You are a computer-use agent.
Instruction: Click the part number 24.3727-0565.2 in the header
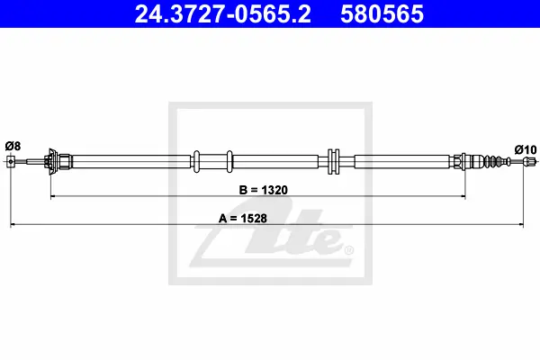pyautogui.click(x=223, y=13)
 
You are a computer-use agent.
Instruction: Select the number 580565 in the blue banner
pyautogui.click(x=382, y=13)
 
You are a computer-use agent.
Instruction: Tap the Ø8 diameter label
pyautogui.click(x=13, y=146)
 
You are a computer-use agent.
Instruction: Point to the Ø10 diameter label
pyautogui.click(x=526, y=150)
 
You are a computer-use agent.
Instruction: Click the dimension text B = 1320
pyautogui.click(x=264, y=190)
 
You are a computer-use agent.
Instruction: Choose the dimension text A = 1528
pyautogui.click(x=243, y=218)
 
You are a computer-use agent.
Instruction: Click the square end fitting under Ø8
pyautogui.click(x=11, y=161)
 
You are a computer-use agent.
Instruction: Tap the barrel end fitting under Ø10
pyautogui.click(x=529, y=161)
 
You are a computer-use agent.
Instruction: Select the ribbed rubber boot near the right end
pyautogui.click(x=498, y=161)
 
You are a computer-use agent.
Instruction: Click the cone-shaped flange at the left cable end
pyautogui.click(x=51, y=161)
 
